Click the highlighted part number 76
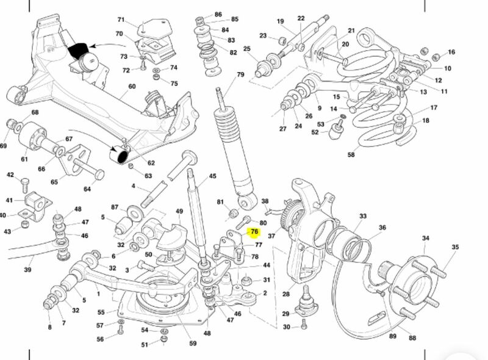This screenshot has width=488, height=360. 254,232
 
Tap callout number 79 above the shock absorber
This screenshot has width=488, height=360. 240,75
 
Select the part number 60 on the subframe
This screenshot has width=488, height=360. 131,87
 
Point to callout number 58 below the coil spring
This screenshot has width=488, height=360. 351,155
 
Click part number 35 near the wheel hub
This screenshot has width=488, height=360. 455,247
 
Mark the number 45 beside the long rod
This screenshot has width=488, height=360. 212,176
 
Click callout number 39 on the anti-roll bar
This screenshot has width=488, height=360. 27,269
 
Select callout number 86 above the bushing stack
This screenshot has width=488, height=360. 218,13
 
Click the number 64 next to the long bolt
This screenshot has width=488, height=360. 87,189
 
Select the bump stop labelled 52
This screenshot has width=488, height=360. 336,131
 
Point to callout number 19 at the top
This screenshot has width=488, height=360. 281,21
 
